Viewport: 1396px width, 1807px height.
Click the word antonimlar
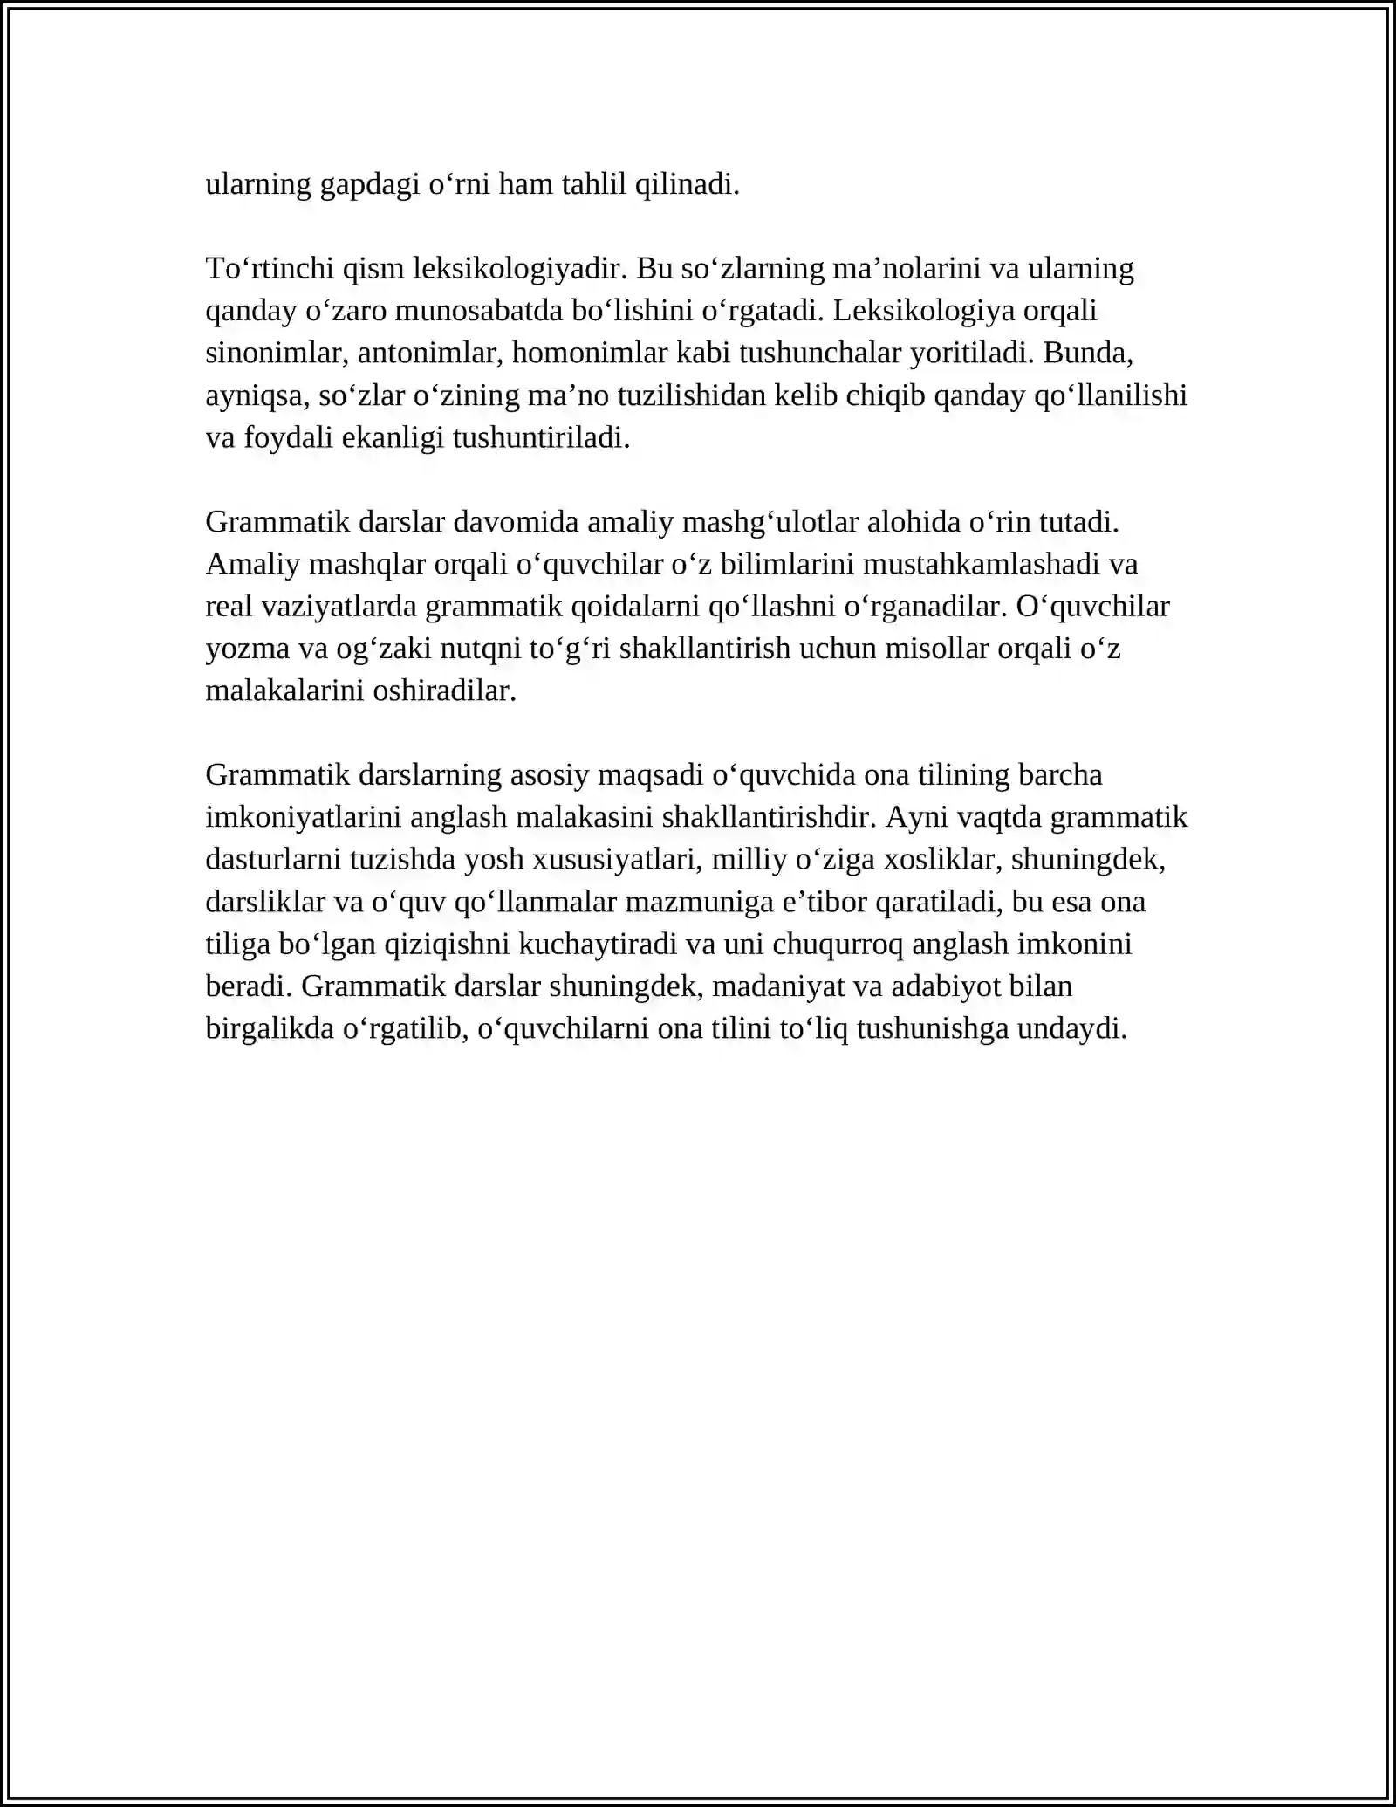(x=427, y=353)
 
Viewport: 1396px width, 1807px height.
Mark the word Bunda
(x=1087, y=353)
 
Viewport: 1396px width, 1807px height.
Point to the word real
(x=229, y=606)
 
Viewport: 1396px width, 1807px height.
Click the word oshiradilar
(x=445, y=691)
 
